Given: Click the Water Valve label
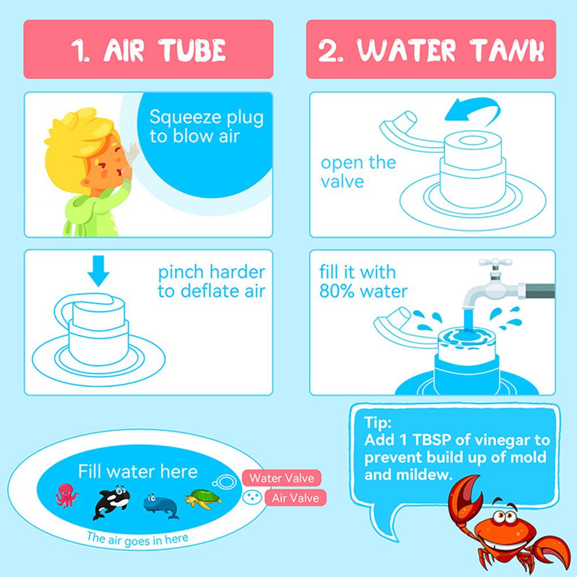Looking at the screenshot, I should (282, 478).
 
